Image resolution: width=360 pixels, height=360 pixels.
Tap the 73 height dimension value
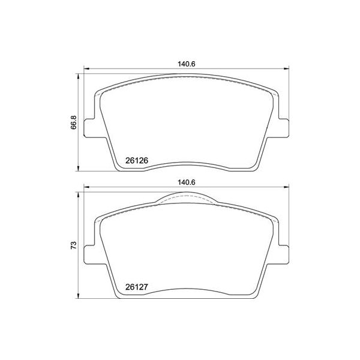[x=74, y=245]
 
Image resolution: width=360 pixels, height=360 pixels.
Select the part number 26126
[x=137, y=160]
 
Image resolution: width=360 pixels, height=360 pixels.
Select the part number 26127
[x=137, y=287]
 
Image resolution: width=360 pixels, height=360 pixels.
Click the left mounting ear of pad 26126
[x=89, y=127]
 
